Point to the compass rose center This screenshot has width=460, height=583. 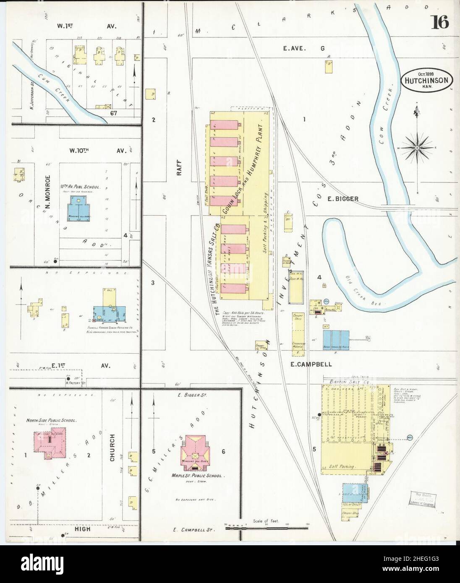coord(417,147)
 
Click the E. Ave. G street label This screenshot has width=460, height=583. coord(303,49)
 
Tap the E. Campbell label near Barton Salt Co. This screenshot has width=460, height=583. coord(311,364)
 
